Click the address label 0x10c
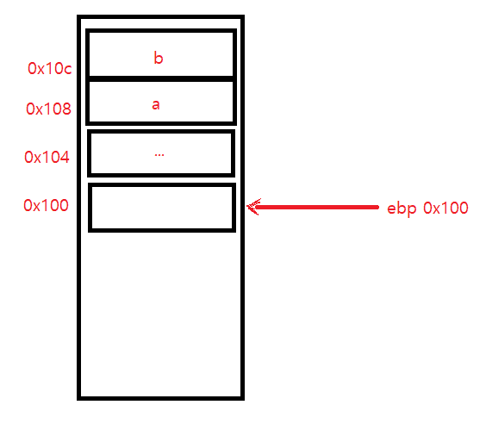click(x=50, y=68)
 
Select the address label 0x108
click(x=48, y=109)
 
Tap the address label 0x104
click(x=47, y=157)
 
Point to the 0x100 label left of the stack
click(x=46, y=205)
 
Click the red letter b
click(x=159, y=58)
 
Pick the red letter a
click(x=156, y=105)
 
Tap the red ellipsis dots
click(x=159, y=154)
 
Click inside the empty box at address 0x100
click(x=162, y=208)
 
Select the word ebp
click(x=402, y=209)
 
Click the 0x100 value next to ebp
click(x=445, y=208)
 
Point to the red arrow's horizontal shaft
click(x=316, y=207)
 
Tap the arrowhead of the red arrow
click(x=253, y=207)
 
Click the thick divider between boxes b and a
click(x=161, y=78)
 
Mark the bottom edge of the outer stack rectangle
click(x=160, y=398)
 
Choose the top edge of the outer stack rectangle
click(x=160, y=16)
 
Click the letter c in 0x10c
click(x=68, y=70)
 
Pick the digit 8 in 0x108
click(x=66, y=109)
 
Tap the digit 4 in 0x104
click(x=65, y=157)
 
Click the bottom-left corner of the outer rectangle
click(x=78, y=398)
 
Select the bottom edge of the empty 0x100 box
click(x=162, y=230)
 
